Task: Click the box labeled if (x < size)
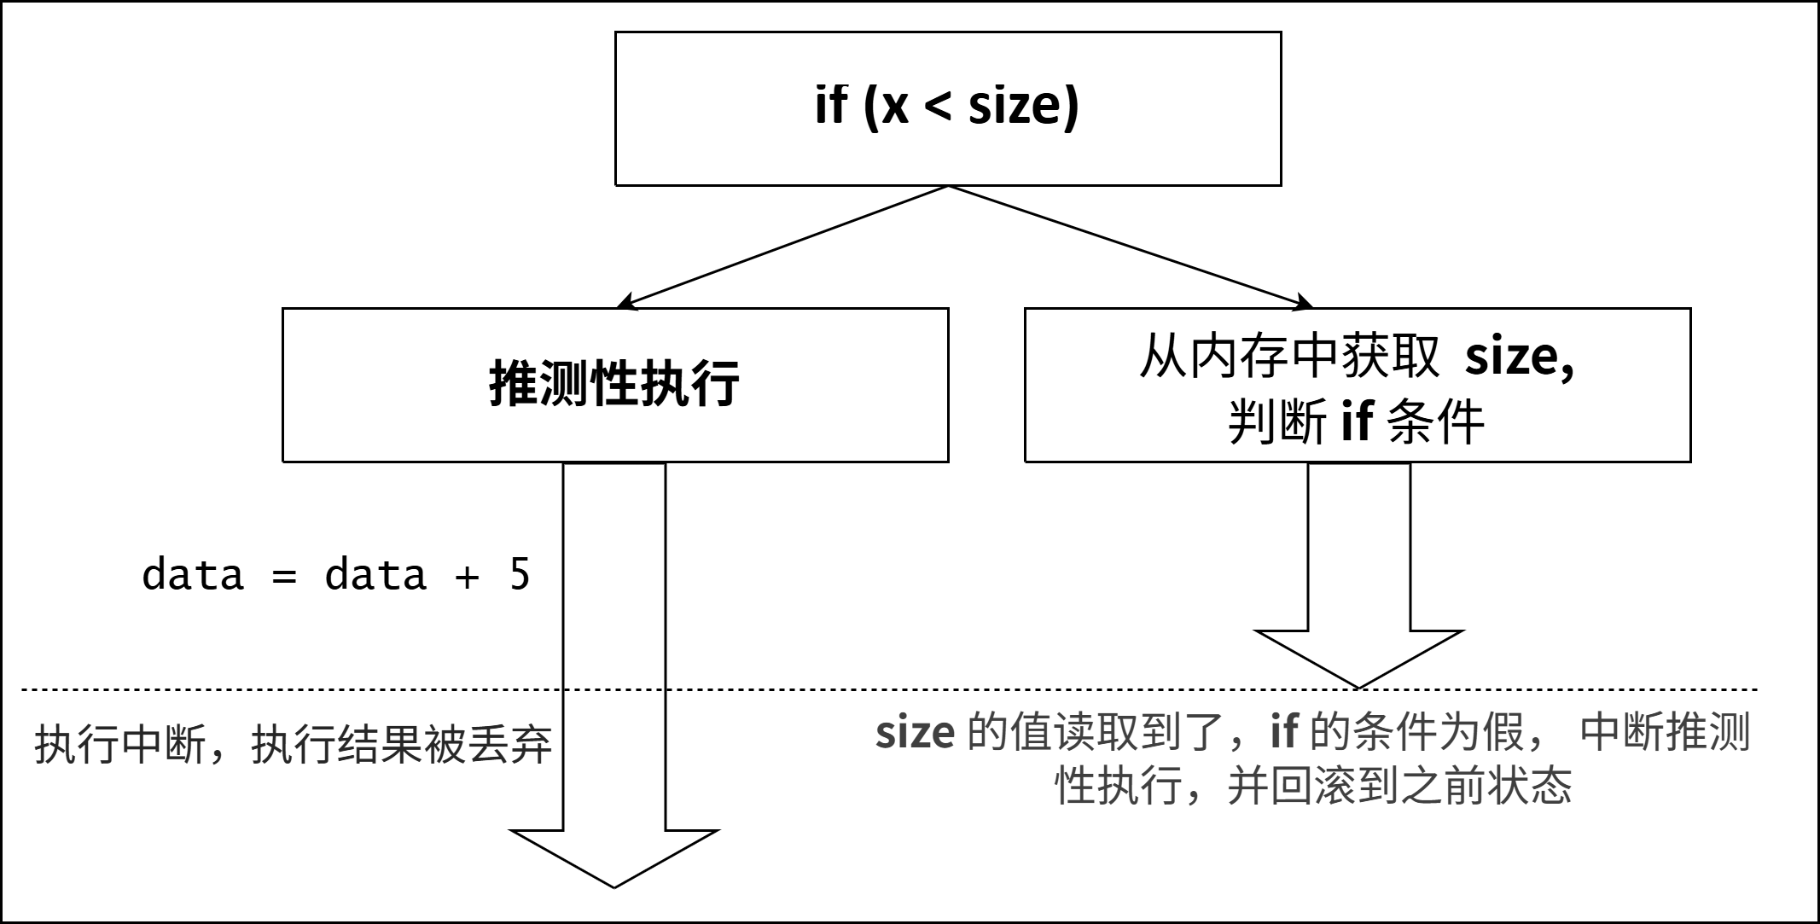click(947, 108)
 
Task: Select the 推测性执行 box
click(614, 385)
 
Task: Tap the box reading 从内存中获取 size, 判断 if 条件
click(1357, 385)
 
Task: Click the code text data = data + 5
click(335, 574)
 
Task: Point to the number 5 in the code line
click(520, 574)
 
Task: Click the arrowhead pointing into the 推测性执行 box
click(625, 303)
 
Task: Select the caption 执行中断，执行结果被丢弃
click(293, 745)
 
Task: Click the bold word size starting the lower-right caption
click(915, 733)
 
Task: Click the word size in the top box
click(1023, 107)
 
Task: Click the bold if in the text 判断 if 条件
click(1357, 421)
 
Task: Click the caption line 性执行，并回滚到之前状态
click(1313, 786)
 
